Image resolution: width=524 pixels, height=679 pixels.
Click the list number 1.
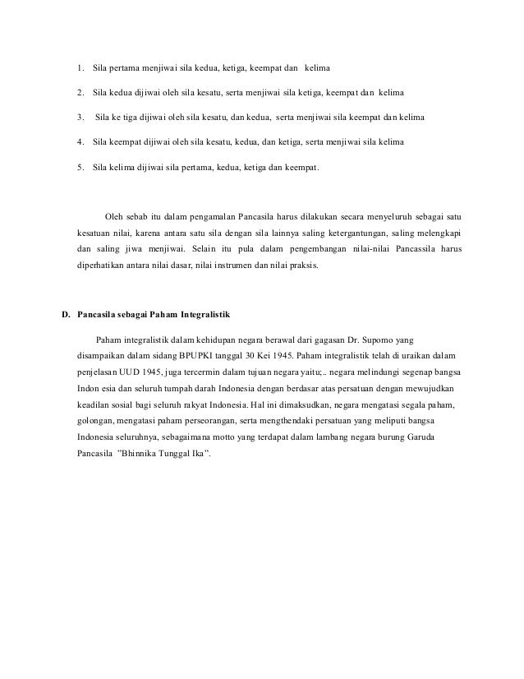point(79,67)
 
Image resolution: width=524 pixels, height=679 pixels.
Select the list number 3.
point(79,118)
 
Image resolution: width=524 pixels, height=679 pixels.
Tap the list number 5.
point(79,168)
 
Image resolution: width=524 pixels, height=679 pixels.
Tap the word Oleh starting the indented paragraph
point(117,216)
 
